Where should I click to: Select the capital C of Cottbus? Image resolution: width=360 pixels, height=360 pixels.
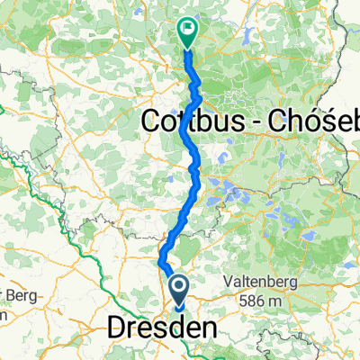pos(153,120)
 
